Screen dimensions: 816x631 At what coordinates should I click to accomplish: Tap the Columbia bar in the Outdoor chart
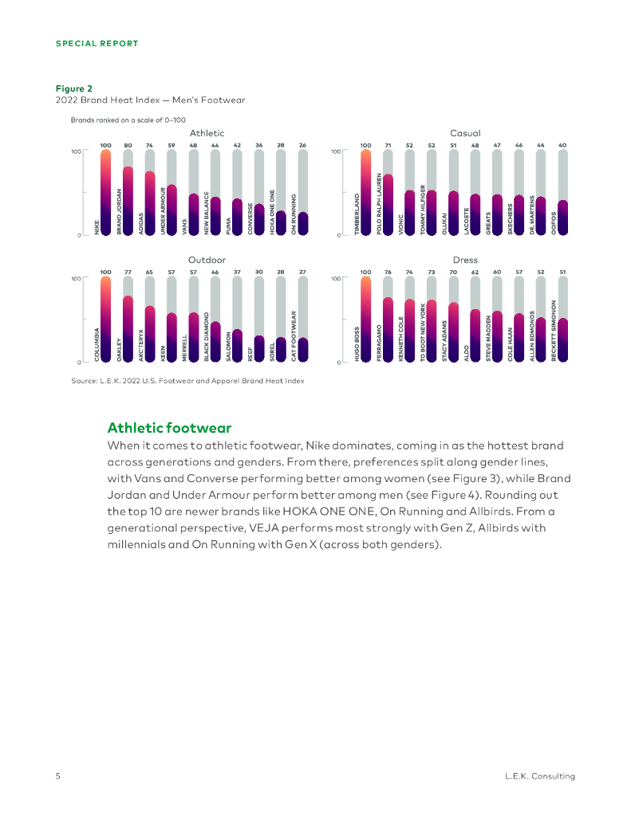point(105,320)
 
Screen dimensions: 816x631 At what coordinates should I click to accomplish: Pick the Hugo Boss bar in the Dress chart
point(365,320)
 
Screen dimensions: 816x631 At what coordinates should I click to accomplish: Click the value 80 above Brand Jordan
point(128,145)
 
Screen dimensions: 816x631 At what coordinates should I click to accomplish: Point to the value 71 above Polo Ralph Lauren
point(388,145)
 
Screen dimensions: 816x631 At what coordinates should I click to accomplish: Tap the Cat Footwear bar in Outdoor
point(302,348)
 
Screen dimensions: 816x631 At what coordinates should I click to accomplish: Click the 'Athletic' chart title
point(207,133)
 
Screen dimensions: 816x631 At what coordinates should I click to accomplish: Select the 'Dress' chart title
point(465,260)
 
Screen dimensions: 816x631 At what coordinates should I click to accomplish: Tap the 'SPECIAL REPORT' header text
point(97,43)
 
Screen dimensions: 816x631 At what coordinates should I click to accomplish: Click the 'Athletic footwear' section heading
point(169,428)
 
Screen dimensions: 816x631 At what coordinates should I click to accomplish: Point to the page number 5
point(58,775)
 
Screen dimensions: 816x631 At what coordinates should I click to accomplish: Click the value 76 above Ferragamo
point(388,272)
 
